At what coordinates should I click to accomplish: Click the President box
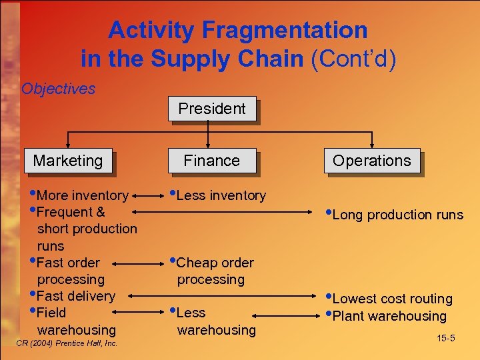coord(211,109)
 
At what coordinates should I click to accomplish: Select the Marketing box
coord(68,161)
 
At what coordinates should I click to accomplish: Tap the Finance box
coord(211,161)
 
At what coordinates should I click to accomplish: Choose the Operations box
coord(372,161)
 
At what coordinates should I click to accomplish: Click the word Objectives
coord(58,89)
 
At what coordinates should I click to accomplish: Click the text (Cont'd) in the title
coord(353,59)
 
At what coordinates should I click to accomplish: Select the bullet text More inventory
coord(82,195)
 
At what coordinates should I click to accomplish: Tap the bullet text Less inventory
coord(221,195)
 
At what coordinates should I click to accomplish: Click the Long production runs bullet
coord(397,215)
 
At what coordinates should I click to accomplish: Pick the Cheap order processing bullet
coord(214,271)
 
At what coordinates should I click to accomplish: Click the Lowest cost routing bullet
coord(391,299)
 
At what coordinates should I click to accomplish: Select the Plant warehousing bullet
coord(389,316)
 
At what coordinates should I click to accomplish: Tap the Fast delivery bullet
coord(75,296)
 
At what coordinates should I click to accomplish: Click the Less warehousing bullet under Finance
coord(215,321)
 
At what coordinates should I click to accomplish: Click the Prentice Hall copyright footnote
coord(65,343)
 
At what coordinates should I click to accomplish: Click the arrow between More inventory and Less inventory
coord(149,196)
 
